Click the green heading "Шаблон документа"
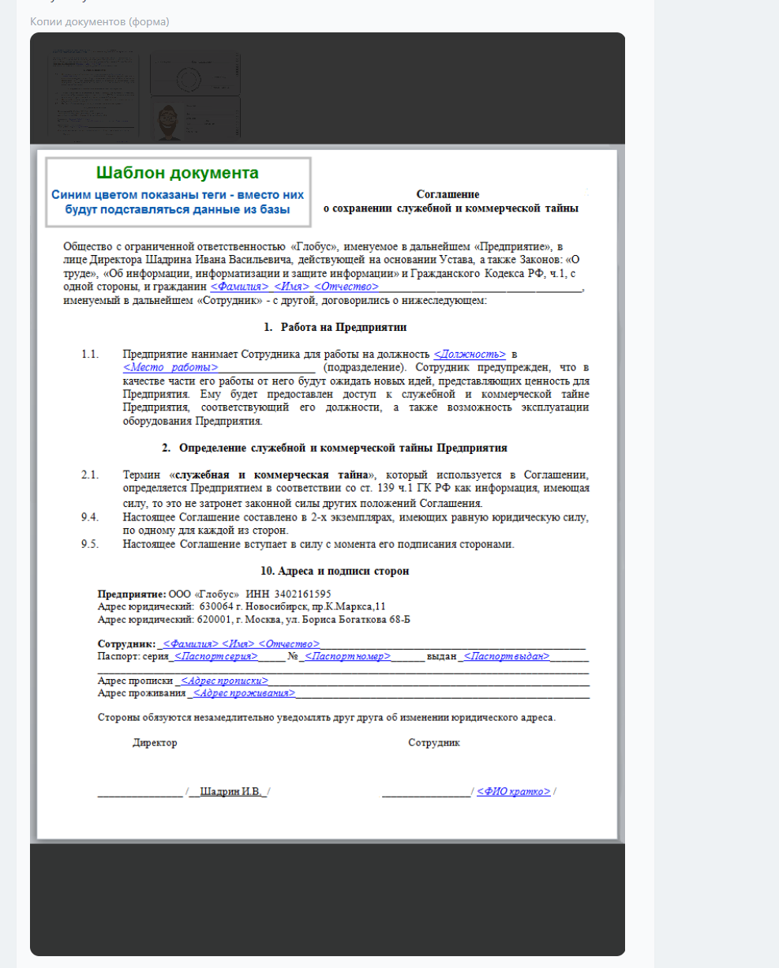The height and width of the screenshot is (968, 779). click(x=177, y=173)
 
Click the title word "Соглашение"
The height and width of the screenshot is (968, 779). click(x=448, y=194)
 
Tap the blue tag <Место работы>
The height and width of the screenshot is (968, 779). click(x=170, y=368)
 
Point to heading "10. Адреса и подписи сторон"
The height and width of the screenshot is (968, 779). click(x=335, y=571)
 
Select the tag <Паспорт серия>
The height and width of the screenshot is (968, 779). click(x=215, y=656)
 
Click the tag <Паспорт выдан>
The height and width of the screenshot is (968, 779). click(x=507, y=656)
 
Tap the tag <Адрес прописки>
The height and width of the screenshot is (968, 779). click(x=224, y=681)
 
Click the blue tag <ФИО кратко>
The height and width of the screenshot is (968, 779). click(x=514, y=791)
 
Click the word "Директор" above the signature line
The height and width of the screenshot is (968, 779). click(x=155, y=743)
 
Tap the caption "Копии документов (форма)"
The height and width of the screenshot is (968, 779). click(x=99, y=21)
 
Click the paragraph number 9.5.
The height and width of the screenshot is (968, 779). click(x=90, y=544)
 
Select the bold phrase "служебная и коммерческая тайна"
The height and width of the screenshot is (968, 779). click(x=272, y=475)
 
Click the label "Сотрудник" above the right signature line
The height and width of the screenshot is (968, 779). click(x=434, y=743)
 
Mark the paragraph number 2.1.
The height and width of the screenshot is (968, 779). click(x=90, y=475)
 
